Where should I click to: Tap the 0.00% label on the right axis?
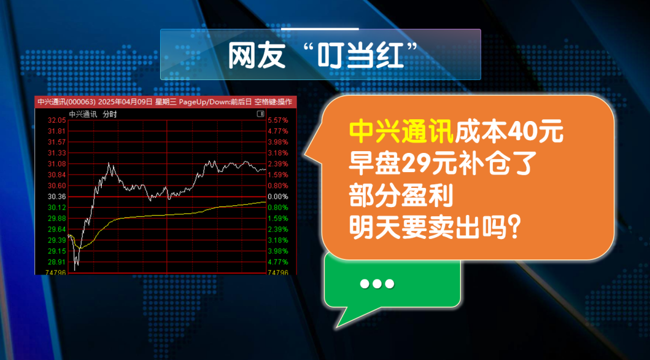click(277, 197)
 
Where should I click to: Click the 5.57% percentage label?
click(277, 120)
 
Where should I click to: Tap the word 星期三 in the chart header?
click(163, 102)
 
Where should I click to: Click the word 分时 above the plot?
click(110, 114)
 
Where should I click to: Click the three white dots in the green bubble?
click(377, 284)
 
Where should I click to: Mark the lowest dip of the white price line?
click(75, 270)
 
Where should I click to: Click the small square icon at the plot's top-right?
click(261, 114)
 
